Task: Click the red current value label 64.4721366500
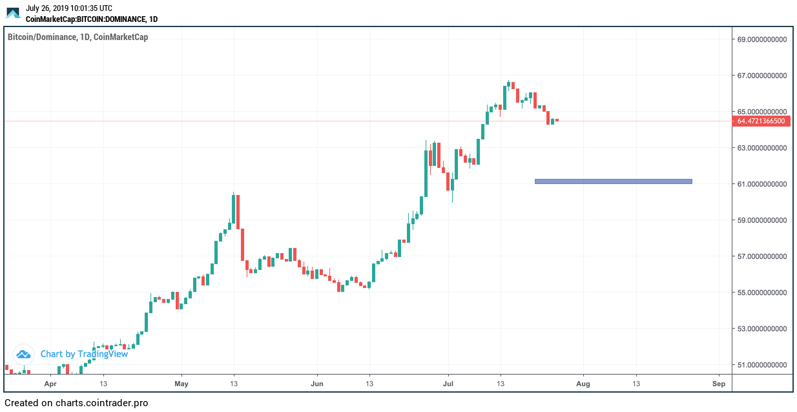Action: pyautogui.click(x=762, y=121)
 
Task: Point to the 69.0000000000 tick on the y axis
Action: pyautogui.click(x=762, y=39)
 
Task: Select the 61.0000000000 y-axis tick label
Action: pyautogui.click(x=762, y=184)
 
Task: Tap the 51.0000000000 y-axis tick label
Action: pyautogui.click(x=762, y=365)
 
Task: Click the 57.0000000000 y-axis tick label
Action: pyautogui.click(x=762, y=256)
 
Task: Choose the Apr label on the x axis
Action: pyautogui.click(x=51, y=384)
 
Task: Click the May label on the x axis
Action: pyautogui.click(x=181, y=384)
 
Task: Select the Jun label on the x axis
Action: pyautogui.click(x=317, y=384)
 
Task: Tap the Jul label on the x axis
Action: pyautogui.click(x=448, y=384)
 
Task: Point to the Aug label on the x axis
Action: pyautogui.click(x=583, y=384)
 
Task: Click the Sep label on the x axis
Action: pyautogui.click(x=719, y=384)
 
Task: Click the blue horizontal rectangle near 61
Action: pyautogui.click(x=613, y=181)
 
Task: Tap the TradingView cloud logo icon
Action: pyautogui.click(x=24, y=354)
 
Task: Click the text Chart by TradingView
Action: pyautogui.click(x=84, y=354)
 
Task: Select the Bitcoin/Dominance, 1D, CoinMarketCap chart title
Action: pyautogui.click(x=78, y=37)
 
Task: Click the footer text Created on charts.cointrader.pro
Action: pyautogui.click(x=76, y=403)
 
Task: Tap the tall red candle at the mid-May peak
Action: pyautogui.click(x=238, y=212)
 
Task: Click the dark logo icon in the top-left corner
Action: pyautogui.click(x=13, y=13)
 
